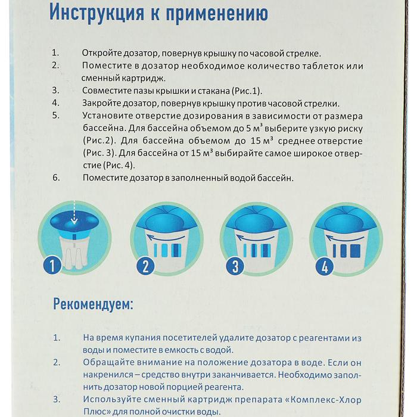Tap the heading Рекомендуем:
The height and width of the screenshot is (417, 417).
tap(94, 305)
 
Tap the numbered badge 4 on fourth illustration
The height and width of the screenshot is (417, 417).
tap(325, 266)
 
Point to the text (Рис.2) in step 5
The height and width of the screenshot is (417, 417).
tap(98, 141)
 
